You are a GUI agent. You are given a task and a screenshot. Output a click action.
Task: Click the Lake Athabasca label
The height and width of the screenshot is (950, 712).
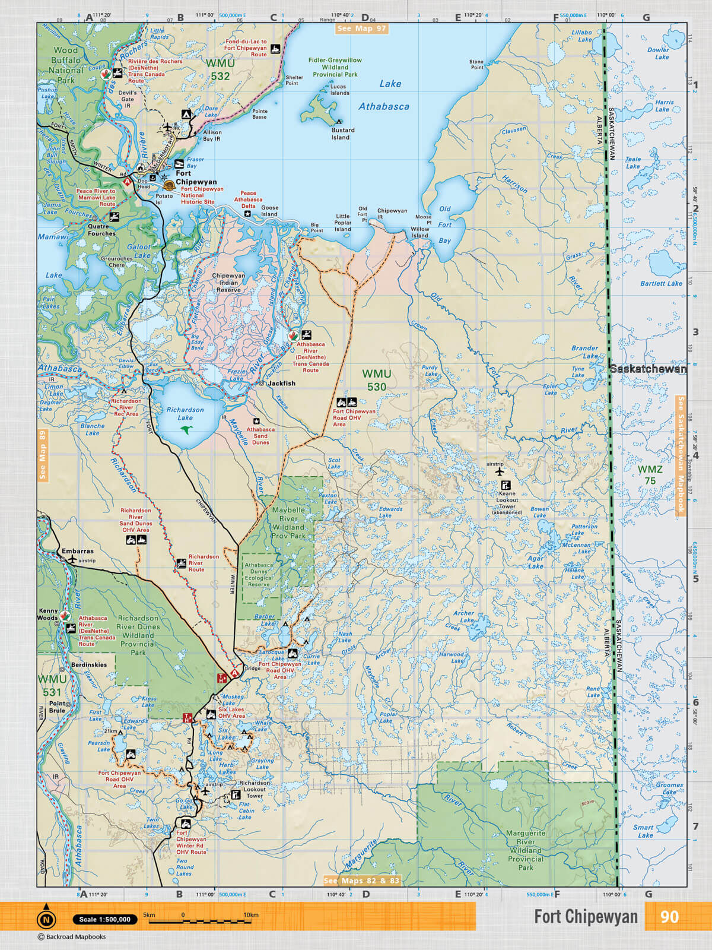[x=384, y=96]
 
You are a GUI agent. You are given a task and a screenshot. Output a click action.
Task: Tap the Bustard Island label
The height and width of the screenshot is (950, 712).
[x=343, y=134]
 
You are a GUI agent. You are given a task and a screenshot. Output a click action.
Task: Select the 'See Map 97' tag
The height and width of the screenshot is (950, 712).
[x=361, y=28]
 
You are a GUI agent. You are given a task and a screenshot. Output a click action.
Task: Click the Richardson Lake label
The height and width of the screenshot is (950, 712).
[x=185, y=413]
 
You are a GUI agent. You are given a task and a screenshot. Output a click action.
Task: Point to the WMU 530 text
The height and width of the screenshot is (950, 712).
[x=377, y=380]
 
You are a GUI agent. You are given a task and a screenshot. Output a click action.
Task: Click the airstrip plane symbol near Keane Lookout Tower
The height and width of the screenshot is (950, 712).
[x=499, y=471]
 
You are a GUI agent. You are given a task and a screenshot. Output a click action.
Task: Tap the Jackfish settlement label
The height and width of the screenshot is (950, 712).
[x=281, y=384]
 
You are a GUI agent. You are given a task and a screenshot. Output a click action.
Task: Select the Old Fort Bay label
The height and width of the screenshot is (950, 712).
[x=445, y=224]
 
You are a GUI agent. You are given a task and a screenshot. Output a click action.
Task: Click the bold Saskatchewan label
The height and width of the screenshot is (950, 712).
[x=648, y=369]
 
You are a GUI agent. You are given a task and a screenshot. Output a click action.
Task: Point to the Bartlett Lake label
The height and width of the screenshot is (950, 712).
[x=661, y=283]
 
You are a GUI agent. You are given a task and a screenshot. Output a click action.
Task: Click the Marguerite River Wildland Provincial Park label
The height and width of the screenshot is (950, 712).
[x=525, y=850]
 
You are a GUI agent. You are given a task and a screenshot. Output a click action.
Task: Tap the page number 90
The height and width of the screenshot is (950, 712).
[x=669, y=917]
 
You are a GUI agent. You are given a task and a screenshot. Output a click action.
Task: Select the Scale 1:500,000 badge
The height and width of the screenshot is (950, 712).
[x=105, y=919]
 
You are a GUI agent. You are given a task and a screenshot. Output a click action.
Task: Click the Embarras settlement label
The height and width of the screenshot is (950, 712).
[x=77, y=551]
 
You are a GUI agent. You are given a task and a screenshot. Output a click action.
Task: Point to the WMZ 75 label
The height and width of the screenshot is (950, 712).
[x=650, y=475]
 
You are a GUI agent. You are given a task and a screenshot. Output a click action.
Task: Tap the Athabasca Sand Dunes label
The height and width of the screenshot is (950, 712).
[x=260, y=435]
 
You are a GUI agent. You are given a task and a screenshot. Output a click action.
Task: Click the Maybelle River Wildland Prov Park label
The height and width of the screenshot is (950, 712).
[x=288, y=522]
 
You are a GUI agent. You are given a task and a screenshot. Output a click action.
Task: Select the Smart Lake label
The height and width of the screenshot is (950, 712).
[x=643, y=831]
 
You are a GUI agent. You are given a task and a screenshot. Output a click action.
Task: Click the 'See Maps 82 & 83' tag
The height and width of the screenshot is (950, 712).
[x=361, y=881]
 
